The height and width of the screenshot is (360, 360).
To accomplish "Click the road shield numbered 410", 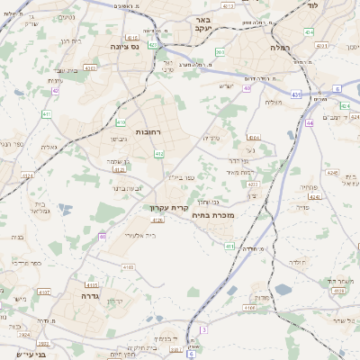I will click(121, 121).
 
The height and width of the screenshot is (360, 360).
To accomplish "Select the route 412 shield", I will click(159, 154).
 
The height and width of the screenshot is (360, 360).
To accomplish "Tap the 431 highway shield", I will click(297, 93).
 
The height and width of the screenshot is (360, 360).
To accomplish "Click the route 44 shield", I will click(309, 122).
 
